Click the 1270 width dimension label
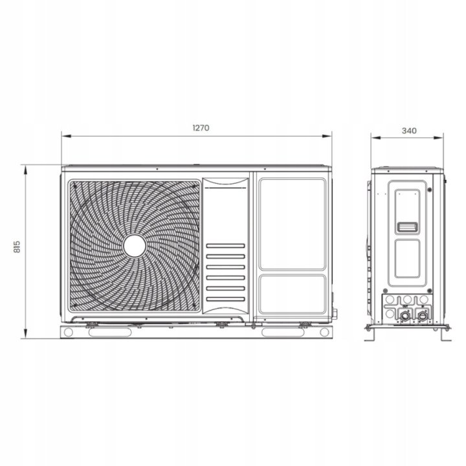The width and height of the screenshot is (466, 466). (x=201, y=128)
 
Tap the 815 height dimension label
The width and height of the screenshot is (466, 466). (x=17, y=247)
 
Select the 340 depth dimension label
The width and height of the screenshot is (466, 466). (x=409, y=131)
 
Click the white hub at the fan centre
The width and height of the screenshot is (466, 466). (x=135, y=246)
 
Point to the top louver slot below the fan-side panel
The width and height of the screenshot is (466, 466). (x=226, y=246)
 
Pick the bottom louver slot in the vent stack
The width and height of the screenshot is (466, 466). (x=226, y=299)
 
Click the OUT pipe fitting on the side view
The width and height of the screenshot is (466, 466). (x=405, y=316)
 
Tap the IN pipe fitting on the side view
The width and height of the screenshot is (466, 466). (x=422, y=316)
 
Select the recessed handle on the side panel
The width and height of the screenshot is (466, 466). (x=407, y=227)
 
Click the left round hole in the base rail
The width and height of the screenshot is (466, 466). (x=69, y=332)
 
